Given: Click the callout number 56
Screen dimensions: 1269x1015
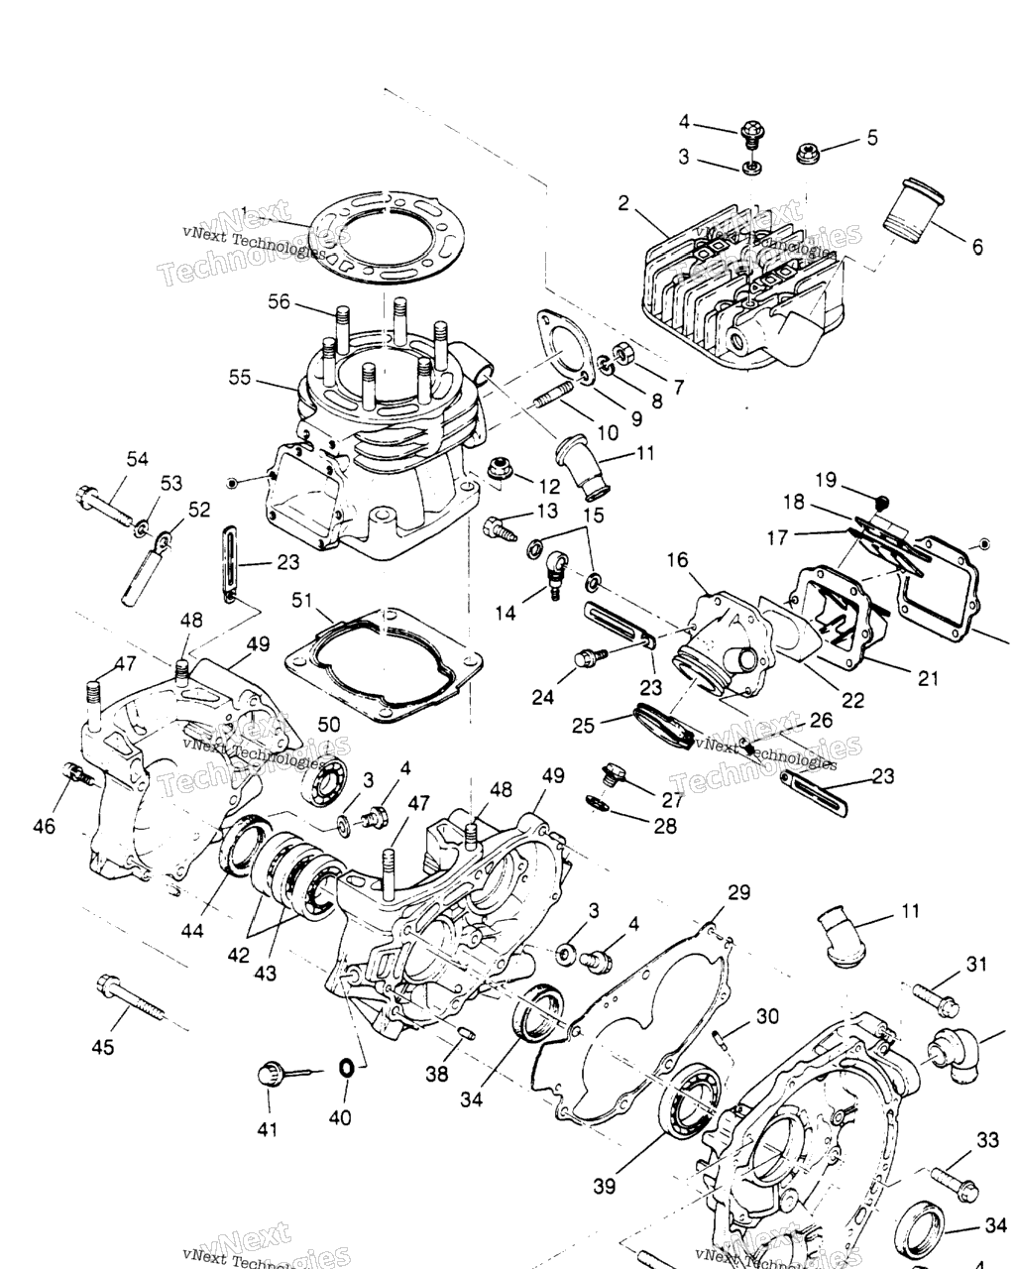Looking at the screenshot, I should click(279, 301).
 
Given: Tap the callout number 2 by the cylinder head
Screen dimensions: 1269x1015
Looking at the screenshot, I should click(623, 204).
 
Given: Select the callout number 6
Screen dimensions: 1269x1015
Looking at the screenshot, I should click(977, 247).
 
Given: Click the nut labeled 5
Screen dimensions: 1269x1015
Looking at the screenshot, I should click(808, 152).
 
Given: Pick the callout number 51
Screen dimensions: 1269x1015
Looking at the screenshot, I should click(301, 600).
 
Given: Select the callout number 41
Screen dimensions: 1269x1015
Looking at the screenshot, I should click(268, 1129).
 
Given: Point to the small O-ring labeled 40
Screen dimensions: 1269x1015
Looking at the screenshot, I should click(346, 1068).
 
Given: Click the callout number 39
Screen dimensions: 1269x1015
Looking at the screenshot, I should click(604, 1186).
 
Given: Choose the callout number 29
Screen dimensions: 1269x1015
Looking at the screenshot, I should click(738, 893).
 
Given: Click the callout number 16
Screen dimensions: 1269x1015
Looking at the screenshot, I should click(677, 560).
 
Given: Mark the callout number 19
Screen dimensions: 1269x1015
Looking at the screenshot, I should click(826, 480).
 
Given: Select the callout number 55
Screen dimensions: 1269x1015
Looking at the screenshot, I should click(240, 379).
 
